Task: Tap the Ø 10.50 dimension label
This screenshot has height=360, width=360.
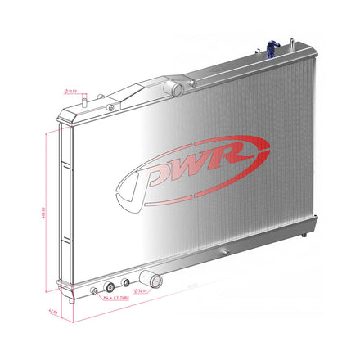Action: coord(71,92)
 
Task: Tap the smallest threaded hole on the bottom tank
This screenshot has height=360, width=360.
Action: coord(95,290)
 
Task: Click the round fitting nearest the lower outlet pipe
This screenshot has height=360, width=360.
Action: coord(126,283)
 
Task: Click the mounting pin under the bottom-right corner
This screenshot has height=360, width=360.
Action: coord(304,235)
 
